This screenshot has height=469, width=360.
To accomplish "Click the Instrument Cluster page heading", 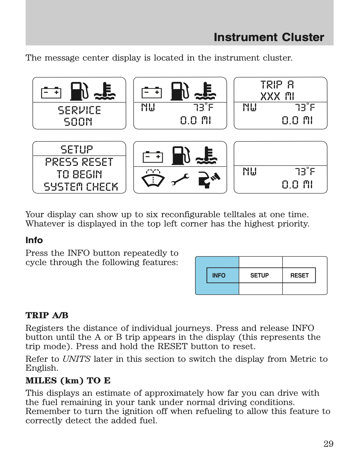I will point(269,37).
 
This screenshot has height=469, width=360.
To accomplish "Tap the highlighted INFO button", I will point(219,275).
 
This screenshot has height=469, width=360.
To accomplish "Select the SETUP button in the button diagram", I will point(260,275).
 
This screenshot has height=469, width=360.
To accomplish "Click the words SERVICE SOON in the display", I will point(79,116).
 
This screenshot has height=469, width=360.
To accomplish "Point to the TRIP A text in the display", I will point(277,85).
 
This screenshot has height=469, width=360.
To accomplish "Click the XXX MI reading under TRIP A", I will point(277,96).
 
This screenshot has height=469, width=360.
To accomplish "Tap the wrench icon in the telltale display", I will point(180,179).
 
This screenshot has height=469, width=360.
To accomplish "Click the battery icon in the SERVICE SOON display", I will point(51,92).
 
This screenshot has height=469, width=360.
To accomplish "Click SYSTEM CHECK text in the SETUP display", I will point(81,187).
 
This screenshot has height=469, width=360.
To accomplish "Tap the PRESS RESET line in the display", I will point(79,162).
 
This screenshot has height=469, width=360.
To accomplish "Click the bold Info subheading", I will point(34,240).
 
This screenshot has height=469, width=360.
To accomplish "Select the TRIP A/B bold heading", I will point(47,315).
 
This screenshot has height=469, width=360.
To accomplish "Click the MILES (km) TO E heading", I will point(68,380).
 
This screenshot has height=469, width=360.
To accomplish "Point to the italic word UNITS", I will point(76,359).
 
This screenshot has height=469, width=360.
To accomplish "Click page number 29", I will point(328,444).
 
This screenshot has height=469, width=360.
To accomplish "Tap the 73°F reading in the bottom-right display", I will point(305,171).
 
